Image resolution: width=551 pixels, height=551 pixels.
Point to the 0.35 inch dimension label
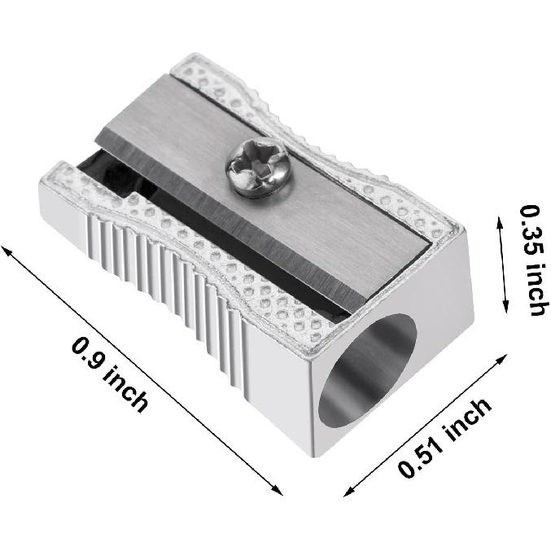pyautogui.click(x=533, y=260)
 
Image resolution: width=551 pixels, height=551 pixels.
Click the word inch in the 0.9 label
pyautogui.click(x=126, y=388)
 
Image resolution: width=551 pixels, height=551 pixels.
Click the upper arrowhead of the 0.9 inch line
pyautogui.click(x=7, y=249)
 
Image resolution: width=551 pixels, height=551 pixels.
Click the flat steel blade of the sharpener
pyautogui.click(x=309, y=220)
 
